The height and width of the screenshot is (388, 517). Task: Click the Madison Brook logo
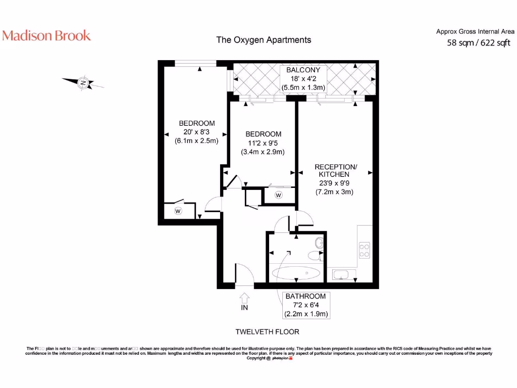(46, 35)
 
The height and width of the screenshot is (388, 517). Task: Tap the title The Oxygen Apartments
(264, 40)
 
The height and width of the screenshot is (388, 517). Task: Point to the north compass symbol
(83, 82)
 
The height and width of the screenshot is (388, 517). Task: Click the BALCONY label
(303, 70)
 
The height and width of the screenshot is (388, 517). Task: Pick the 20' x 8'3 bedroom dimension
(196, 132)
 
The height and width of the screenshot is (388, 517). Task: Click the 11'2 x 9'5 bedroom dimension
(263, 143)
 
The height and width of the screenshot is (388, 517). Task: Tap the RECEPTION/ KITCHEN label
(336, 171)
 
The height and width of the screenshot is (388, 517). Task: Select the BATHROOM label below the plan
(305, 296)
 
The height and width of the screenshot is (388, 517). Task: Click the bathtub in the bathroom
(296, 274)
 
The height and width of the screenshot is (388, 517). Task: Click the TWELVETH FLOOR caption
(268, 332)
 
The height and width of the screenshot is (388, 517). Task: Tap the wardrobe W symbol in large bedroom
(178, 211)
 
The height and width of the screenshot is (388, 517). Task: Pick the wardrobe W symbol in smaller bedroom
(278, 195)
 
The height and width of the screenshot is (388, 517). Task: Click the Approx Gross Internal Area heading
(475, 31)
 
